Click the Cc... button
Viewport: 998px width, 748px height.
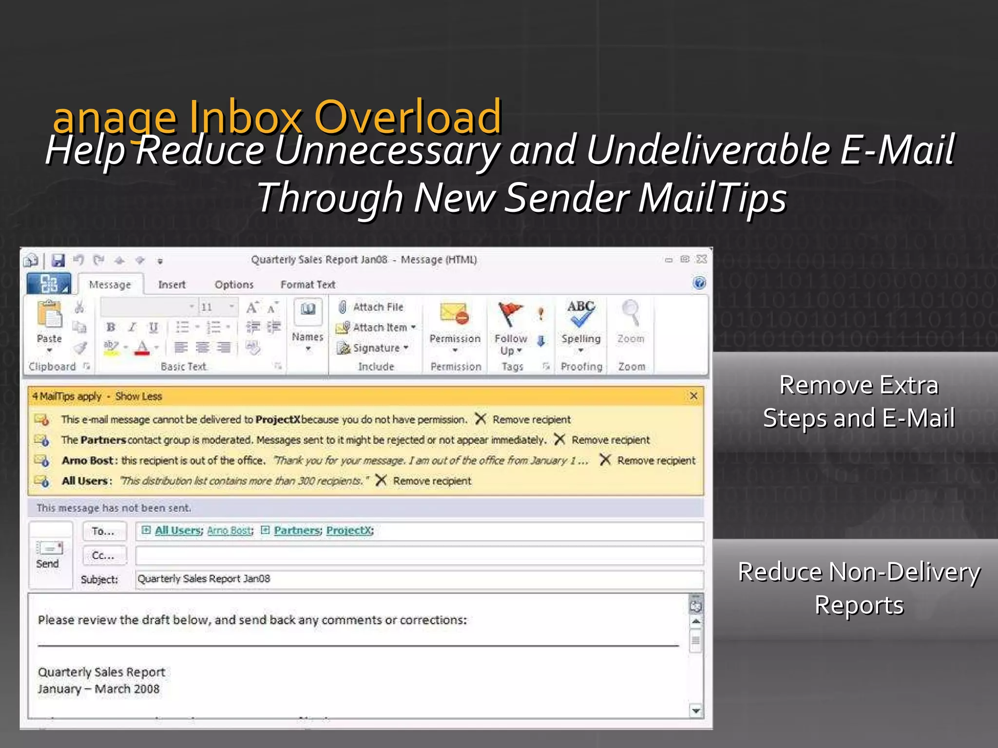tap(103, 555)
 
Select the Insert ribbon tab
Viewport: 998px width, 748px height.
tap(172, 284)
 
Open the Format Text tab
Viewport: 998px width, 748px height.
tap(307, 284)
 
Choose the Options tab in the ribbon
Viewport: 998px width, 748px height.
tap(234, 284)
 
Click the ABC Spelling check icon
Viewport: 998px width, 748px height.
tap(580, 313)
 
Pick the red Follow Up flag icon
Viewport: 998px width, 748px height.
tap(509, 313)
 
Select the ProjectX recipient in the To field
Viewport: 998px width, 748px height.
tap(349, 530)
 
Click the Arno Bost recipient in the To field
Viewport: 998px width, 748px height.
tap(230, 530)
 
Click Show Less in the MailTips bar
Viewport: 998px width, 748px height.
tap(138, 396)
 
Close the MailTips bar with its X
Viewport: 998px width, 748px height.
tap(693, 396)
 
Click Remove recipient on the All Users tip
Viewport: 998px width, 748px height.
tap(432, 481)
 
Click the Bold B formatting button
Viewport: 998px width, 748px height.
tap(111, 327)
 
